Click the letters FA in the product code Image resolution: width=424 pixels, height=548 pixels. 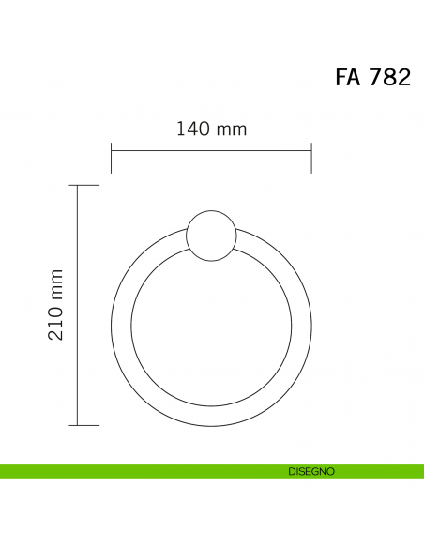click(347, 77)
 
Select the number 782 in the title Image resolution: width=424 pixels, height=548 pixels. click(390, 77)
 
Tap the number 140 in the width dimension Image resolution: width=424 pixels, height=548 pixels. click(193, 129)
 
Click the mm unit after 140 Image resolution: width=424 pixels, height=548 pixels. click(232, 130)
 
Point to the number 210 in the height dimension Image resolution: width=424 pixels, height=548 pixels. click(56, 324)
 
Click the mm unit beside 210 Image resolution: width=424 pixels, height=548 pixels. click(57, 285)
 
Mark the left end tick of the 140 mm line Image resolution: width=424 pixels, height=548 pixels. click(111, 158)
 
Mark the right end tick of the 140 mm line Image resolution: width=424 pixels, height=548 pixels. click(311, 158)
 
